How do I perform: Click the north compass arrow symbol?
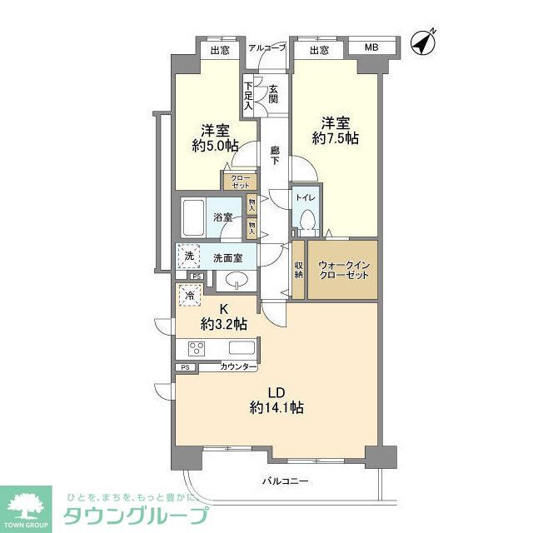click(x=426, y=42)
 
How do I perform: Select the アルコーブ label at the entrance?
click(x=267, y=48)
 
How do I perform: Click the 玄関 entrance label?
click(x=273, y=94)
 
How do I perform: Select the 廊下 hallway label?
click(x=275, y=157)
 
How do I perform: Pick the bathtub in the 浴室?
click(x=193, y=218)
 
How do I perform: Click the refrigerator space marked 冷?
click(x=191, y=294)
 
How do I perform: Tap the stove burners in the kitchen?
click(x=198, y=348)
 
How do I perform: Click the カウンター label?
click(x=238, y=367)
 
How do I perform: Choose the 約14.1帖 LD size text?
click(x=276, y=407)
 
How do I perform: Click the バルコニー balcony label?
click(x=285, y=481)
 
